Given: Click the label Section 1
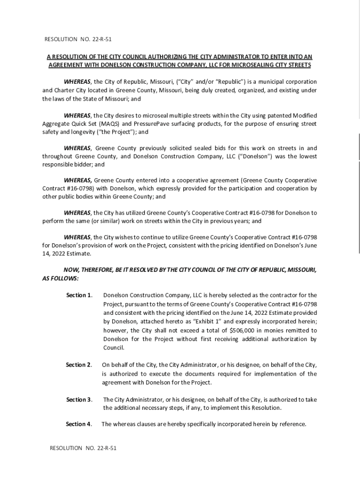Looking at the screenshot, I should [79, 295].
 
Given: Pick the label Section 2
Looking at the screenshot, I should [79, 365].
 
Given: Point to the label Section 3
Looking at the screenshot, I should [79, 400].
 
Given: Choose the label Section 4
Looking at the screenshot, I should [79, 424].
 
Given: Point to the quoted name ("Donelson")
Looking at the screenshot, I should [244, 156].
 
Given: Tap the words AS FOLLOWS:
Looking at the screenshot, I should [60, 278].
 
